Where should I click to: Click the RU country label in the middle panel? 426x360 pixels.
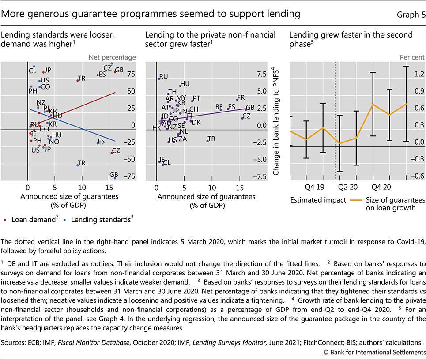164,76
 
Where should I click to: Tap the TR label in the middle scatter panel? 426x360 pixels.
211,139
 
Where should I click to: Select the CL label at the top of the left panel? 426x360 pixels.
32,71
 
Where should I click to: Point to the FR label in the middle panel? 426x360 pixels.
241,97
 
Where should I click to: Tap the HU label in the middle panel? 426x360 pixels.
185,83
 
